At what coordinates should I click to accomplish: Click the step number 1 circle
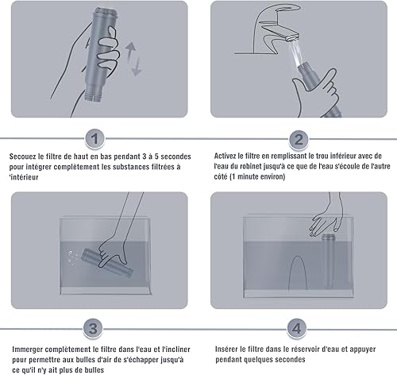[x=94, y=138]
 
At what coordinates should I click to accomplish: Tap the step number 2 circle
[x=299, y=139]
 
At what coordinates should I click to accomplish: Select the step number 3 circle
[x=93, y=328]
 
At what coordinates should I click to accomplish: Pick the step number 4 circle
[x=297, y=328]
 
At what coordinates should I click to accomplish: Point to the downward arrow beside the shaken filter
[x=137, y=66]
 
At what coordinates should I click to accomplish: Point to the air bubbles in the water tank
[x=72, y=257]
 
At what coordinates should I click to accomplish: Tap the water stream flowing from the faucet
[x=297, y=52]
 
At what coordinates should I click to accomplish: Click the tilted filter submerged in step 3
[x=106, y=262]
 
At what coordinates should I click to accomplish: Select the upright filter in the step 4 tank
[x=328, y=261]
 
